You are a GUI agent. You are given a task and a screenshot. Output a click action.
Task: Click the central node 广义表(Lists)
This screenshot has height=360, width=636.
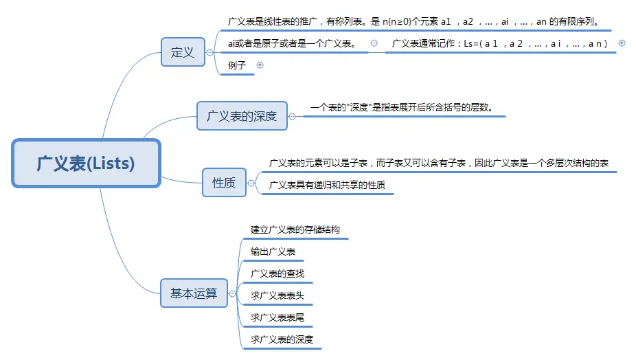pyautogui.click(x=86, y=164)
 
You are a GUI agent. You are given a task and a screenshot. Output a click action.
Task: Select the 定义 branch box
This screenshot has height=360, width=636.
pyautogui.click(x=183, y=52)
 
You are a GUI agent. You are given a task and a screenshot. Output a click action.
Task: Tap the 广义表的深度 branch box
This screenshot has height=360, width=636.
pyautogui.click(x=242, y=116)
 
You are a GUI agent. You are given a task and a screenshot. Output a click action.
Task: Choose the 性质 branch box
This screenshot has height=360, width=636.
pyautogui.click(x=224, y=183)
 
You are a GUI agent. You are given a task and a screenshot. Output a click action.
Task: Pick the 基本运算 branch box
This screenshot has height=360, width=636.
pyautogui.click(x=194, y=293)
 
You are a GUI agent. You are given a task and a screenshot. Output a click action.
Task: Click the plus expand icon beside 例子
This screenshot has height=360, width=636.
pyautogui.click(x=260, y=65)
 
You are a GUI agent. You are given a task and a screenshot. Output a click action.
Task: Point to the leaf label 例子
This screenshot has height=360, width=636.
pyautogui.click(x=237, y=65)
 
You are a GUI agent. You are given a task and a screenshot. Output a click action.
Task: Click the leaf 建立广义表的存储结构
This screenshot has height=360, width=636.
pyautogui.click(x=295, y=229)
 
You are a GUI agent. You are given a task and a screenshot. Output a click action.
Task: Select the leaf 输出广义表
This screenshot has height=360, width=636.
pyautogui.click(x=273, y=251)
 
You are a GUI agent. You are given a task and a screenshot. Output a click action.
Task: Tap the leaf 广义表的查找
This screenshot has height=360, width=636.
pyautogui.click(x=277, y=273)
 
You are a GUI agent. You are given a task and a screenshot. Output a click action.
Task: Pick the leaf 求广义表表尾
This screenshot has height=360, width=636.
pyautogui.click(x=277, y=317)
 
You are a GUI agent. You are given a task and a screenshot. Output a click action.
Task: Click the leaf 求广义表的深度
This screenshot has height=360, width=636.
pyautogui.click(x=282, y=339)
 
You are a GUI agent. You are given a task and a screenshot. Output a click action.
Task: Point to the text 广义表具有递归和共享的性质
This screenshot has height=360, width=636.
pyautogui.click(x=327, y=185)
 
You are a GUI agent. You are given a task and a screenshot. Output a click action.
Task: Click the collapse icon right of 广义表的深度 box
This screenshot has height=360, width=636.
pyautogui.click(x=292, y=116)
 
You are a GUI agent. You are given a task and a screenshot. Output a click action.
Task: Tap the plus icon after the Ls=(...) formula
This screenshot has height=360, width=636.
pyautogui.click(x=622, y=43)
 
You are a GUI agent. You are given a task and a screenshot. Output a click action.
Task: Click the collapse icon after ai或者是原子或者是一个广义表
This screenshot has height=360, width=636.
pyautogui.click(x=374, y=43)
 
